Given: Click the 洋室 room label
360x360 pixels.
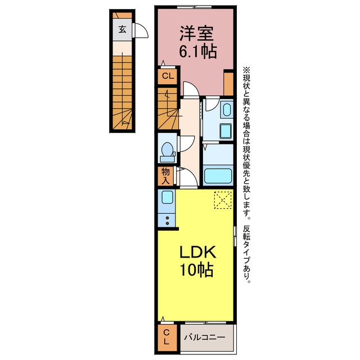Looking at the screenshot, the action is coord(196,34).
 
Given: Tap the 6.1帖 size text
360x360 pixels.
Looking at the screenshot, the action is coord(197,52).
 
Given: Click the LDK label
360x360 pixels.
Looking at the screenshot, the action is coord(197,252).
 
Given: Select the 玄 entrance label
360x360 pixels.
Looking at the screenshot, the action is coord(123,29).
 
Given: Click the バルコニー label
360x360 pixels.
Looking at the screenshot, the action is coord(204,337).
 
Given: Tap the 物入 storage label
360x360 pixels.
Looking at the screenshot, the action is coord(166,176).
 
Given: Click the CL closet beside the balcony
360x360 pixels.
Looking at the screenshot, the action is coord(166,337).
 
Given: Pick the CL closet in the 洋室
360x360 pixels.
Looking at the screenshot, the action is coord(168,76).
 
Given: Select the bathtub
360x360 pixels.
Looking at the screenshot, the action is coord(218,176).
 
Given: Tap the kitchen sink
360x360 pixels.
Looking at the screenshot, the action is coord(167,197).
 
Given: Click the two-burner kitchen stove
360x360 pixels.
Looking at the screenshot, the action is coord(167,220).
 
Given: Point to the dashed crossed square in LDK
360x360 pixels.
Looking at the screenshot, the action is coord(223,200).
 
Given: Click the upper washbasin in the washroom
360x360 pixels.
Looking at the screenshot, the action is coord(227,110).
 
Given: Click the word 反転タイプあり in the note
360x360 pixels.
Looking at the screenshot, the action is coord(247,254).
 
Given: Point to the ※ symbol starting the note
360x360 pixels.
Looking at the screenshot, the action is coord(247,69).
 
